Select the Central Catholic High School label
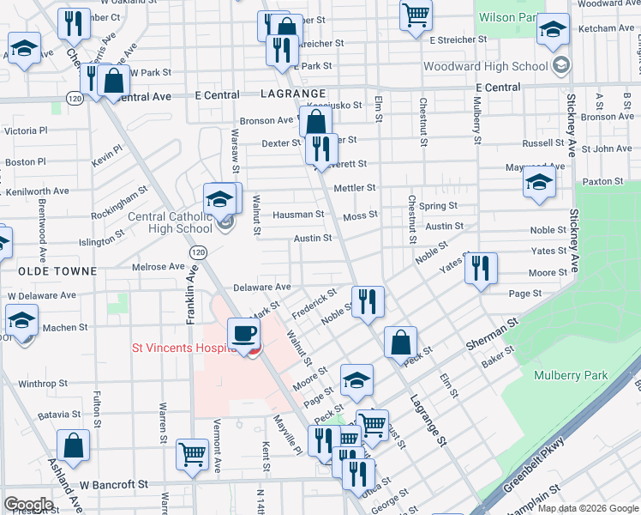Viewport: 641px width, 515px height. [x=170, y=222]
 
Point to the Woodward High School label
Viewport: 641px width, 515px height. [x=485, y=66]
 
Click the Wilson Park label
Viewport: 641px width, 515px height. [x=507, y=16]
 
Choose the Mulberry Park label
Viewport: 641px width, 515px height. [x=570, y=375]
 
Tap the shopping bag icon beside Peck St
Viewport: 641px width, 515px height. [x=400, y=342]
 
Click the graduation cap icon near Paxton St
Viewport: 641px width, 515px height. [x=539, y=183]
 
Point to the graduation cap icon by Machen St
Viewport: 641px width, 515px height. [x=22, y=321]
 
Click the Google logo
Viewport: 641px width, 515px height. [x=28, y=505]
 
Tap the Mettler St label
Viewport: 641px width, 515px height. [x=355, y=187]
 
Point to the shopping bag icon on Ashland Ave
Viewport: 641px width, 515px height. [x=74, y=445]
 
